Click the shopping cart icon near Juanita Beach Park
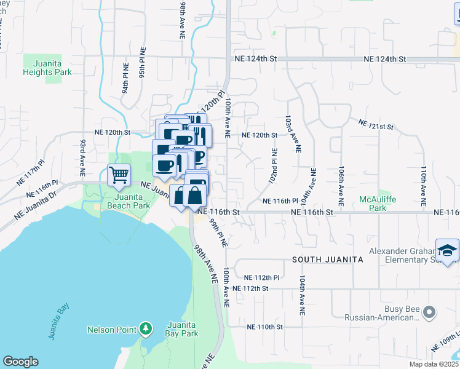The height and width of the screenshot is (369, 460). pos(119,175)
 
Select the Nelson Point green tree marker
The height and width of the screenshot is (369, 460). pos(145,329)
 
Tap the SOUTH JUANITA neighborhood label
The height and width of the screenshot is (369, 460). pos(327,260)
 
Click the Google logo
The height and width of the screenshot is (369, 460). pos(20,362)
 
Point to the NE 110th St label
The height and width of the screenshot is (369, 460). pos(264,327)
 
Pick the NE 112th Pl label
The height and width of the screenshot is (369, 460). pos(262,277)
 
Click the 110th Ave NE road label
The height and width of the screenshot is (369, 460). pos(424,185)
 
